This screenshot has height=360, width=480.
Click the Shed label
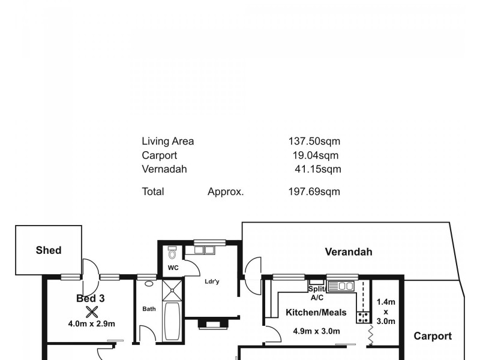tap(49, 250)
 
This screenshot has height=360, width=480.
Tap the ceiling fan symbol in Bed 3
tap(91, 311)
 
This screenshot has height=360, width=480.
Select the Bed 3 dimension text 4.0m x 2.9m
tap(91, 324)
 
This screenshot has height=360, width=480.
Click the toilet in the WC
tap(172, 253)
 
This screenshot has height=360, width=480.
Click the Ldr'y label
tap(211, 281)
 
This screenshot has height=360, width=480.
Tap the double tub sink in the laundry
tap(205, 250)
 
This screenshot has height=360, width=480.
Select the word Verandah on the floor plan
tap(348, 252)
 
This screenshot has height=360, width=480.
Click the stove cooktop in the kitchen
tap(363, 317)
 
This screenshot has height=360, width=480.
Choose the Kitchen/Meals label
tap(316, 313)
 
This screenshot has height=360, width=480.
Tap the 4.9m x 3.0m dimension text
tap(316, 331)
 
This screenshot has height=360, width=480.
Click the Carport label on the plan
tap(433, 336)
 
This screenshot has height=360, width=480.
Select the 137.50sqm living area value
tap(314, 142)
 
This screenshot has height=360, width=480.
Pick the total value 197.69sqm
tap(314, 192)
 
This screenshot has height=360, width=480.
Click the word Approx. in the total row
tap(226, 192)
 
